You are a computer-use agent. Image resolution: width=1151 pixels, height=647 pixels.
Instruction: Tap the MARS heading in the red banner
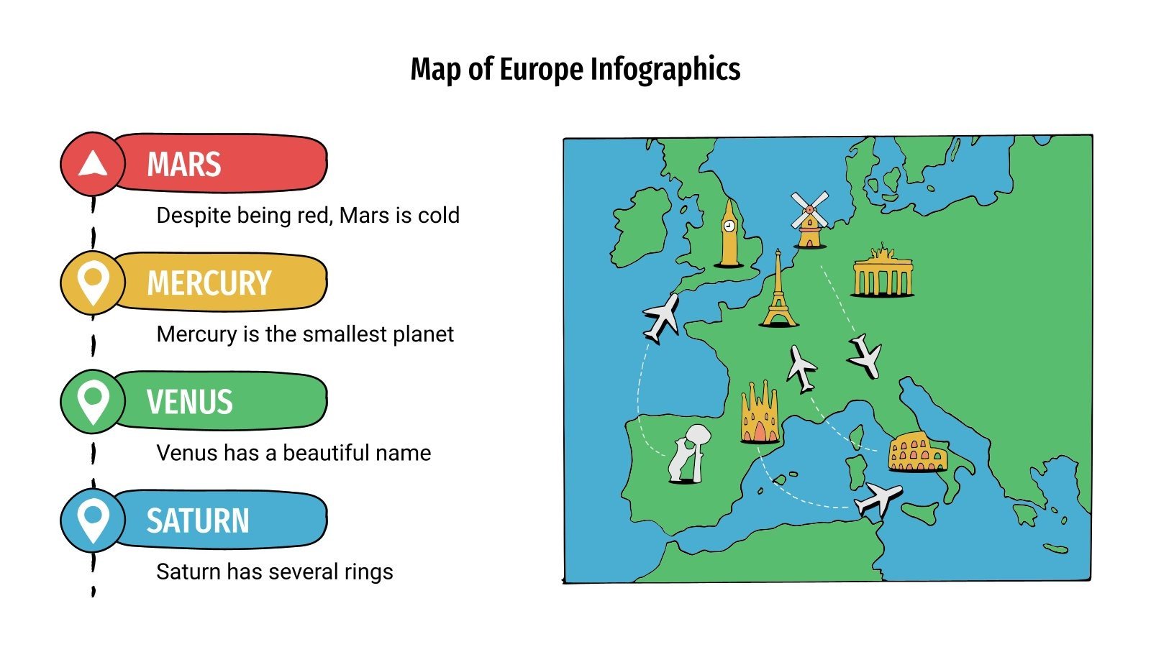tap(183, 165)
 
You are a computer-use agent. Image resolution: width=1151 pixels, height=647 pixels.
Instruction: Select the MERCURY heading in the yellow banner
tap(209, 283)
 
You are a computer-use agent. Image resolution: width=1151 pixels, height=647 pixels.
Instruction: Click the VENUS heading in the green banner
tap(190, 402)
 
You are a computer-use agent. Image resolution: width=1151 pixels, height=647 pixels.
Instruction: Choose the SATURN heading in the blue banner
tap(198, 520)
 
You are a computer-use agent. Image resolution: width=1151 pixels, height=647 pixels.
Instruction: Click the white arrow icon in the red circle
tap(92, 164)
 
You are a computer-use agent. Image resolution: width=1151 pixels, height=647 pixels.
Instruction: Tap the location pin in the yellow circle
tap(93, 281)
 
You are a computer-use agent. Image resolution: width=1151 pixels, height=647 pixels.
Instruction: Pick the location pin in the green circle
tap(93, 400)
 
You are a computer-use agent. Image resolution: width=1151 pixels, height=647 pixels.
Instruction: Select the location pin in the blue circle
tap(93, 519)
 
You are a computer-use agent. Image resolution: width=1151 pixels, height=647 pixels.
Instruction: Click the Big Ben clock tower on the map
tap(729, 234)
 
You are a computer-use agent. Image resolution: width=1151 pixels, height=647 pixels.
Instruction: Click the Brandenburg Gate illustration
tap(883, 273)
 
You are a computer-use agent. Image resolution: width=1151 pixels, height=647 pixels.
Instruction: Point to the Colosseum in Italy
tap(916, 452)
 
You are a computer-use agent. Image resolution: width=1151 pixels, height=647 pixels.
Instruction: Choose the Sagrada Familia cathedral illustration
tap(760, 414)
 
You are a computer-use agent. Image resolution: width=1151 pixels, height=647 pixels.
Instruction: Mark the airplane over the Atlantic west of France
tap(661, 316)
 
